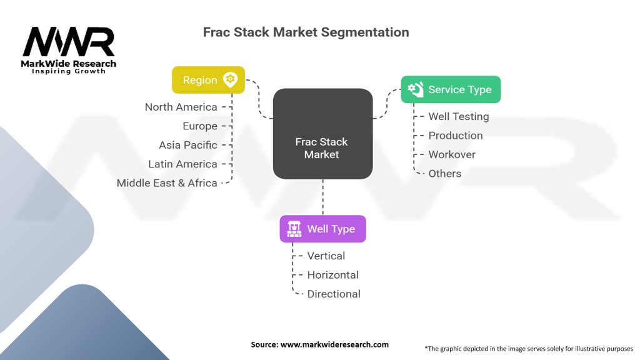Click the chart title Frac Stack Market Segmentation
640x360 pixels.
(x=306, y=32)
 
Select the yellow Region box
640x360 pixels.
(x=208, y=80)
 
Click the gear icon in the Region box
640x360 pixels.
(x=231, y=79)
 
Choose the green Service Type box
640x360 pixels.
(x=450, y=89)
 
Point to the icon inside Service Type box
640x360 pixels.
(x=415, y=89)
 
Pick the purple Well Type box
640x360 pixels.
(x=322, y=229)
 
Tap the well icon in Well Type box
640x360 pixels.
(x=294, y=229)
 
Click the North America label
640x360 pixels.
(x=181, y=107)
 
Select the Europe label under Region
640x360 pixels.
(x=200, y=126)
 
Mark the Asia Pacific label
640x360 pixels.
(x=188, y=145)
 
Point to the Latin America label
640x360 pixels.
(x=182, y=164)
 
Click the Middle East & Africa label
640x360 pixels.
(x=167, y=183)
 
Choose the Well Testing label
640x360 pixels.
(x=458, y=116)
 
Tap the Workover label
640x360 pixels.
(x=451, y=154)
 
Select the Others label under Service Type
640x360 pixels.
(x=444, y=173)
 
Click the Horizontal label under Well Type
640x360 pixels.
(x=332, y=275)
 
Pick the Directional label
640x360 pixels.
(x=334, y=294)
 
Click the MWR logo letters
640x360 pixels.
(x=69, y=42)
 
